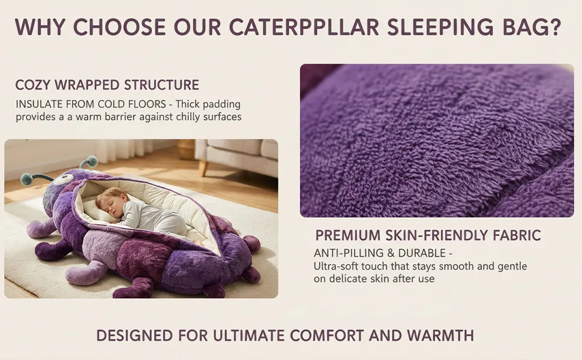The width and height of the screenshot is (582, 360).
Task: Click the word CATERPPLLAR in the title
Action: pos(304,27)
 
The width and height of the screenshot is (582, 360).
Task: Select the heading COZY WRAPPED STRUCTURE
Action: pos(107,85)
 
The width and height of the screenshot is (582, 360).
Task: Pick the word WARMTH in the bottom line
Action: pos(440,335)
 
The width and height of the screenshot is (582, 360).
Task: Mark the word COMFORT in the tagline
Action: pos(327,335)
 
